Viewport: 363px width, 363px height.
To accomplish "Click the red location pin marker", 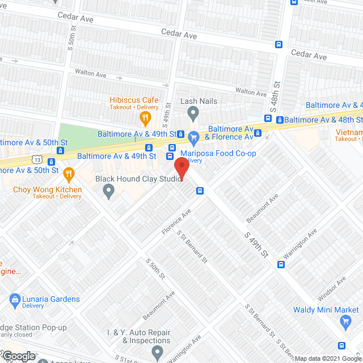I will tap(181, 169).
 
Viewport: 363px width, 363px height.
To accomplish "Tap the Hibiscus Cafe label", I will tap(134, 100).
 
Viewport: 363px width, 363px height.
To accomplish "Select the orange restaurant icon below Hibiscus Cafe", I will tap(145, 118).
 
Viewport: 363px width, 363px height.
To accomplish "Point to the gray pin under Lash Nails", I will tap(193, 115).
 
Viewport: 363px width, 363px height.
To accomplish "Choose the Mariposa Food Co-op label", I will tap(218, 153).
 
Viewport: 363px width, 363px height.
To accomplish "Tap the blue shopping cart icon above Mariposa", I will tap(193, 137).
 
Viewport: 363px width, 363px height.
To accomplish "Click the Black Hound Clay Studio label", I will tap(138, 179).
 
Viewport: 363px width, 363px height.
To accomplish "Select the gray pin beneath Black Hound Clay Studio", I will tap(109, 193).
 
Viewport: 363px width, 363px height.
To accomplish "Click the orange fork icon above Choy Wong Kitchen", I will tap(69, 173).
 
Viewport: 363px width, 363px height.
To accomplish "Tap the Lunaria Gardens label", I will tap(51, 299).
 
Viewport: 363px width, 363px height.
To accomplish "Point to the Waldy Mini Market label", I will tap(326, 310).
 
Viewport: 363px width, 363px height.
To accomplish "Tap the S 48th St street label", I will tap(276, 88).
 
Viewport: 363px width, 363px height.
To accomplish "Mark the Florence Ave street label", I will tap(175, 223).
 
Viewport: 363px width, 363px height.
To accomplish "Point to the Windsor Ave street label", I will tap(332, 291).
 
